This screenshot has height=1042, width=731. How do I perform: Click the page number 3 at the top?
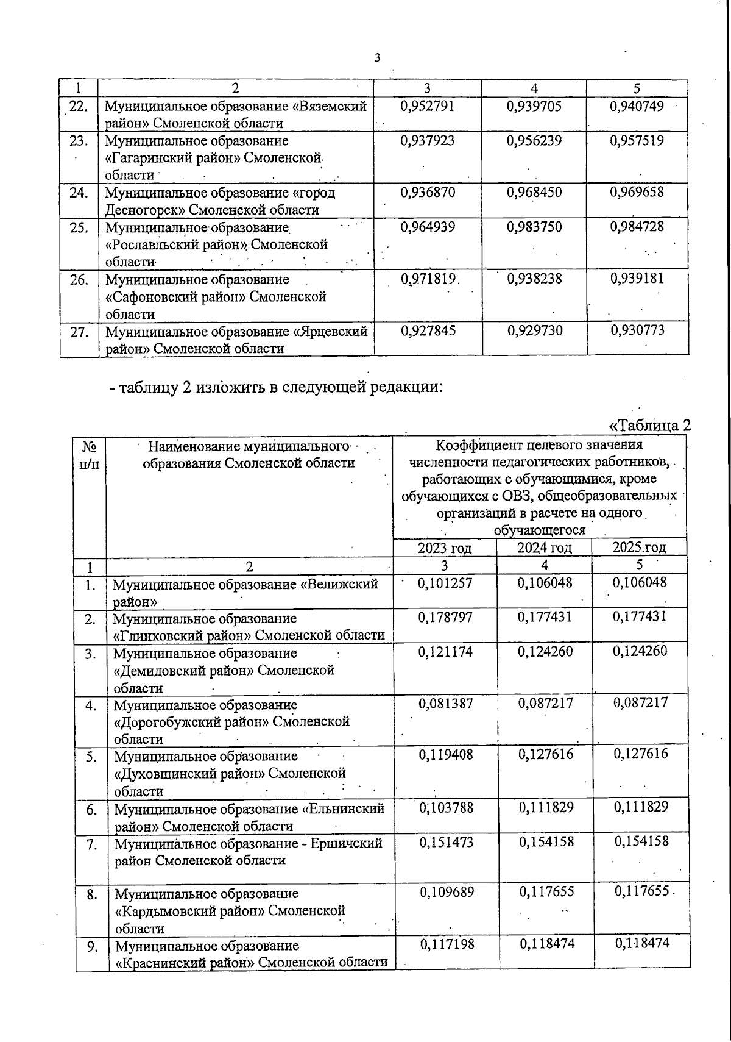click(x=377, y=58)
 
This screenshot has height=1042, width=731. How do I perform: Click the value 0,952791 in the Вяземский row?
click(x=428, y=107)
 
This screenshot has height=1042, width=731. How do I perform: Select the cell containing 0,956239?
click(x=534, y=141)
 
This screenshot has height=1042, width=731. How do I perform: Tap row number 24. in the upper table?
click(x=79, y=193)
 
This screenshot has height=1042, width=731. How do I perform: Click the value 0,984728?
click(x=637, y=227)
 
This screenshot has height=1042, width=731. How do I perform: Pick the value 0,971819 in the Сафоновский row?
click(x=429, y=279)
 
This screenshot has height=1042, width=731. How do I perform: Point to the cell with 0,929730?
click(x=534, y=330)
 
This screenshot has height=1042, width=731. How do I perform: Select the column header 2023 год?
click(x=445, y=548)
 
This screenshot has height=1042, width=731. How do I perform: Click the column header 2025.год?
click(x=639, y=547)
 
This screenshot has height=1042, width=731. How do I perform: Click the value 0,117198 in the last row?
click(x=447, y=944)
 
